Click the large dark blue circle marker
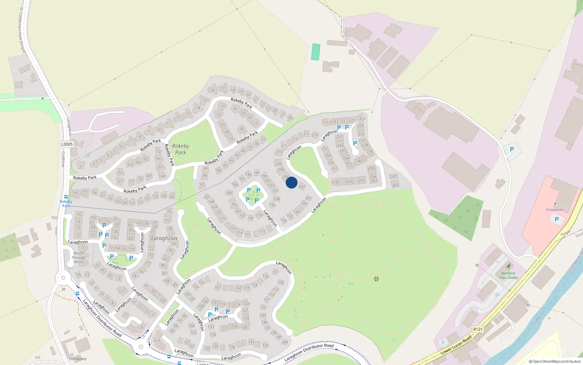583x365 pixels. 291,182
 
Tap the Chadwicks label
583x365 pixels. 555,210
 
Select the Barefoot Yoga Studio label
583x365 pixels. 508,275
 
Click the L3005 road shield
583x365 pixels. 67,144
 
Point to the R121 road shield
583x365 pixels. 478,329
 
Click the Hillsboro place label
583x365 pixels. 78,359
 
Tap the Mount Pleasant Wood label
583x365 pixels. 79,257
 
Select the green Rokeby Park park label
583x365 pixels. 181,149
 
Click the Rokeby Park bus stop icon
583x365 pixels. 66,197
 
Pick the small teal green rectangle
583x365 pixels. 316,52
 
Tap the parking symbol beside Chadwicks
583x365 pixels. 556,219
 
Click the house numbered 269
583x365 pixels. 395,185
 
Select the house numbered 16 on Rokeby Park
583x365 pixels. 212,90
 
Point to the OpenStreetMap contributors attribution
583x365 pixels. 555,362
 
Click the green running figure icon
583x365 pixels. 508,266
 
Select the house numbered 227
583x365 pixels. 362,119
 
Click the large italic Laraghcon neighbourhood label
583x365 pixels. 164,238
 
